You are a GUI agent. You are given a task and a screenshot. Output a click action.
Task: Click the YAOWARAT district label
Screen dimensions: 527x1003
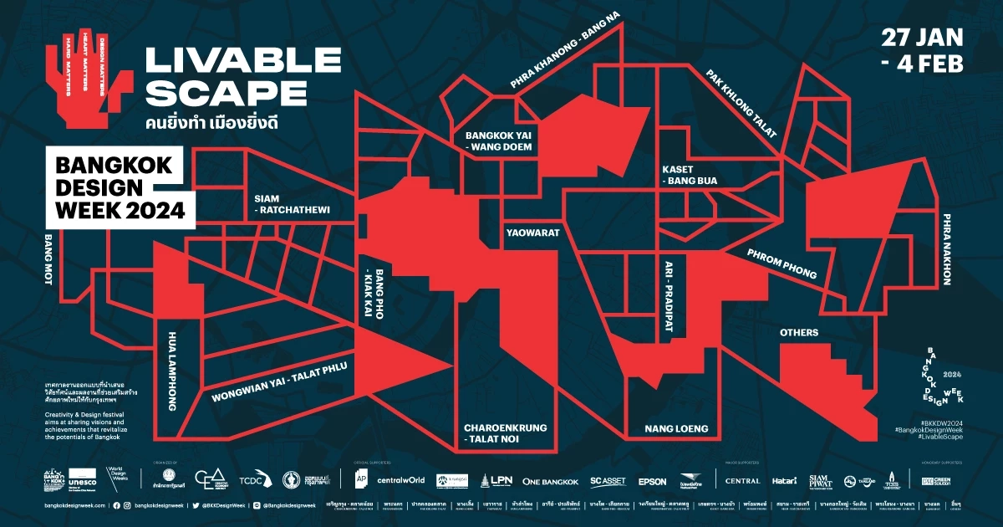532,233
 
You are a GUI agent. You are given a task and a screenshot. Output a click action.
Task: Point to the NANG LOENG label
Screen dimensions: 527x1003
676,429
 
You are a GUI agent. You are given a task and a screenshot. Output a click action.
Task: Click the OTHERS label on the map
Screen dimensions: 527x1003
798,333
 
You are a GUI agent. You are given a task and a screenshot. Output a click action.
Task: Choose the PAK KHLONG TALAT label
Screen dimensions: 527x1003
742,103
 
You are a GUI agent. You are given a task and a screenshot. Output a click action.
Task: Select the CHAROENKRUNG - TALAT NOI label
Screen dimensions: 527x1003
505,433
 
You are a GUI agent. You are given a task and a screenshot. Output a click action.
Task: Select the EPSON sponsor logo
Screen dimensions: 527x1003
652,481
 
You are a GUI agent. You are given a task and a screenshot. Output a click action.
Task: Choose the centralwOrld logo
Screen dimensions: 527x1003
401,480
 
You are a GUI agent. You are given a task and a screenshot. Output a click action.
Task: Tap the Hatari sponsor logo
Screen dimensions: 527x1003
785,481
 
